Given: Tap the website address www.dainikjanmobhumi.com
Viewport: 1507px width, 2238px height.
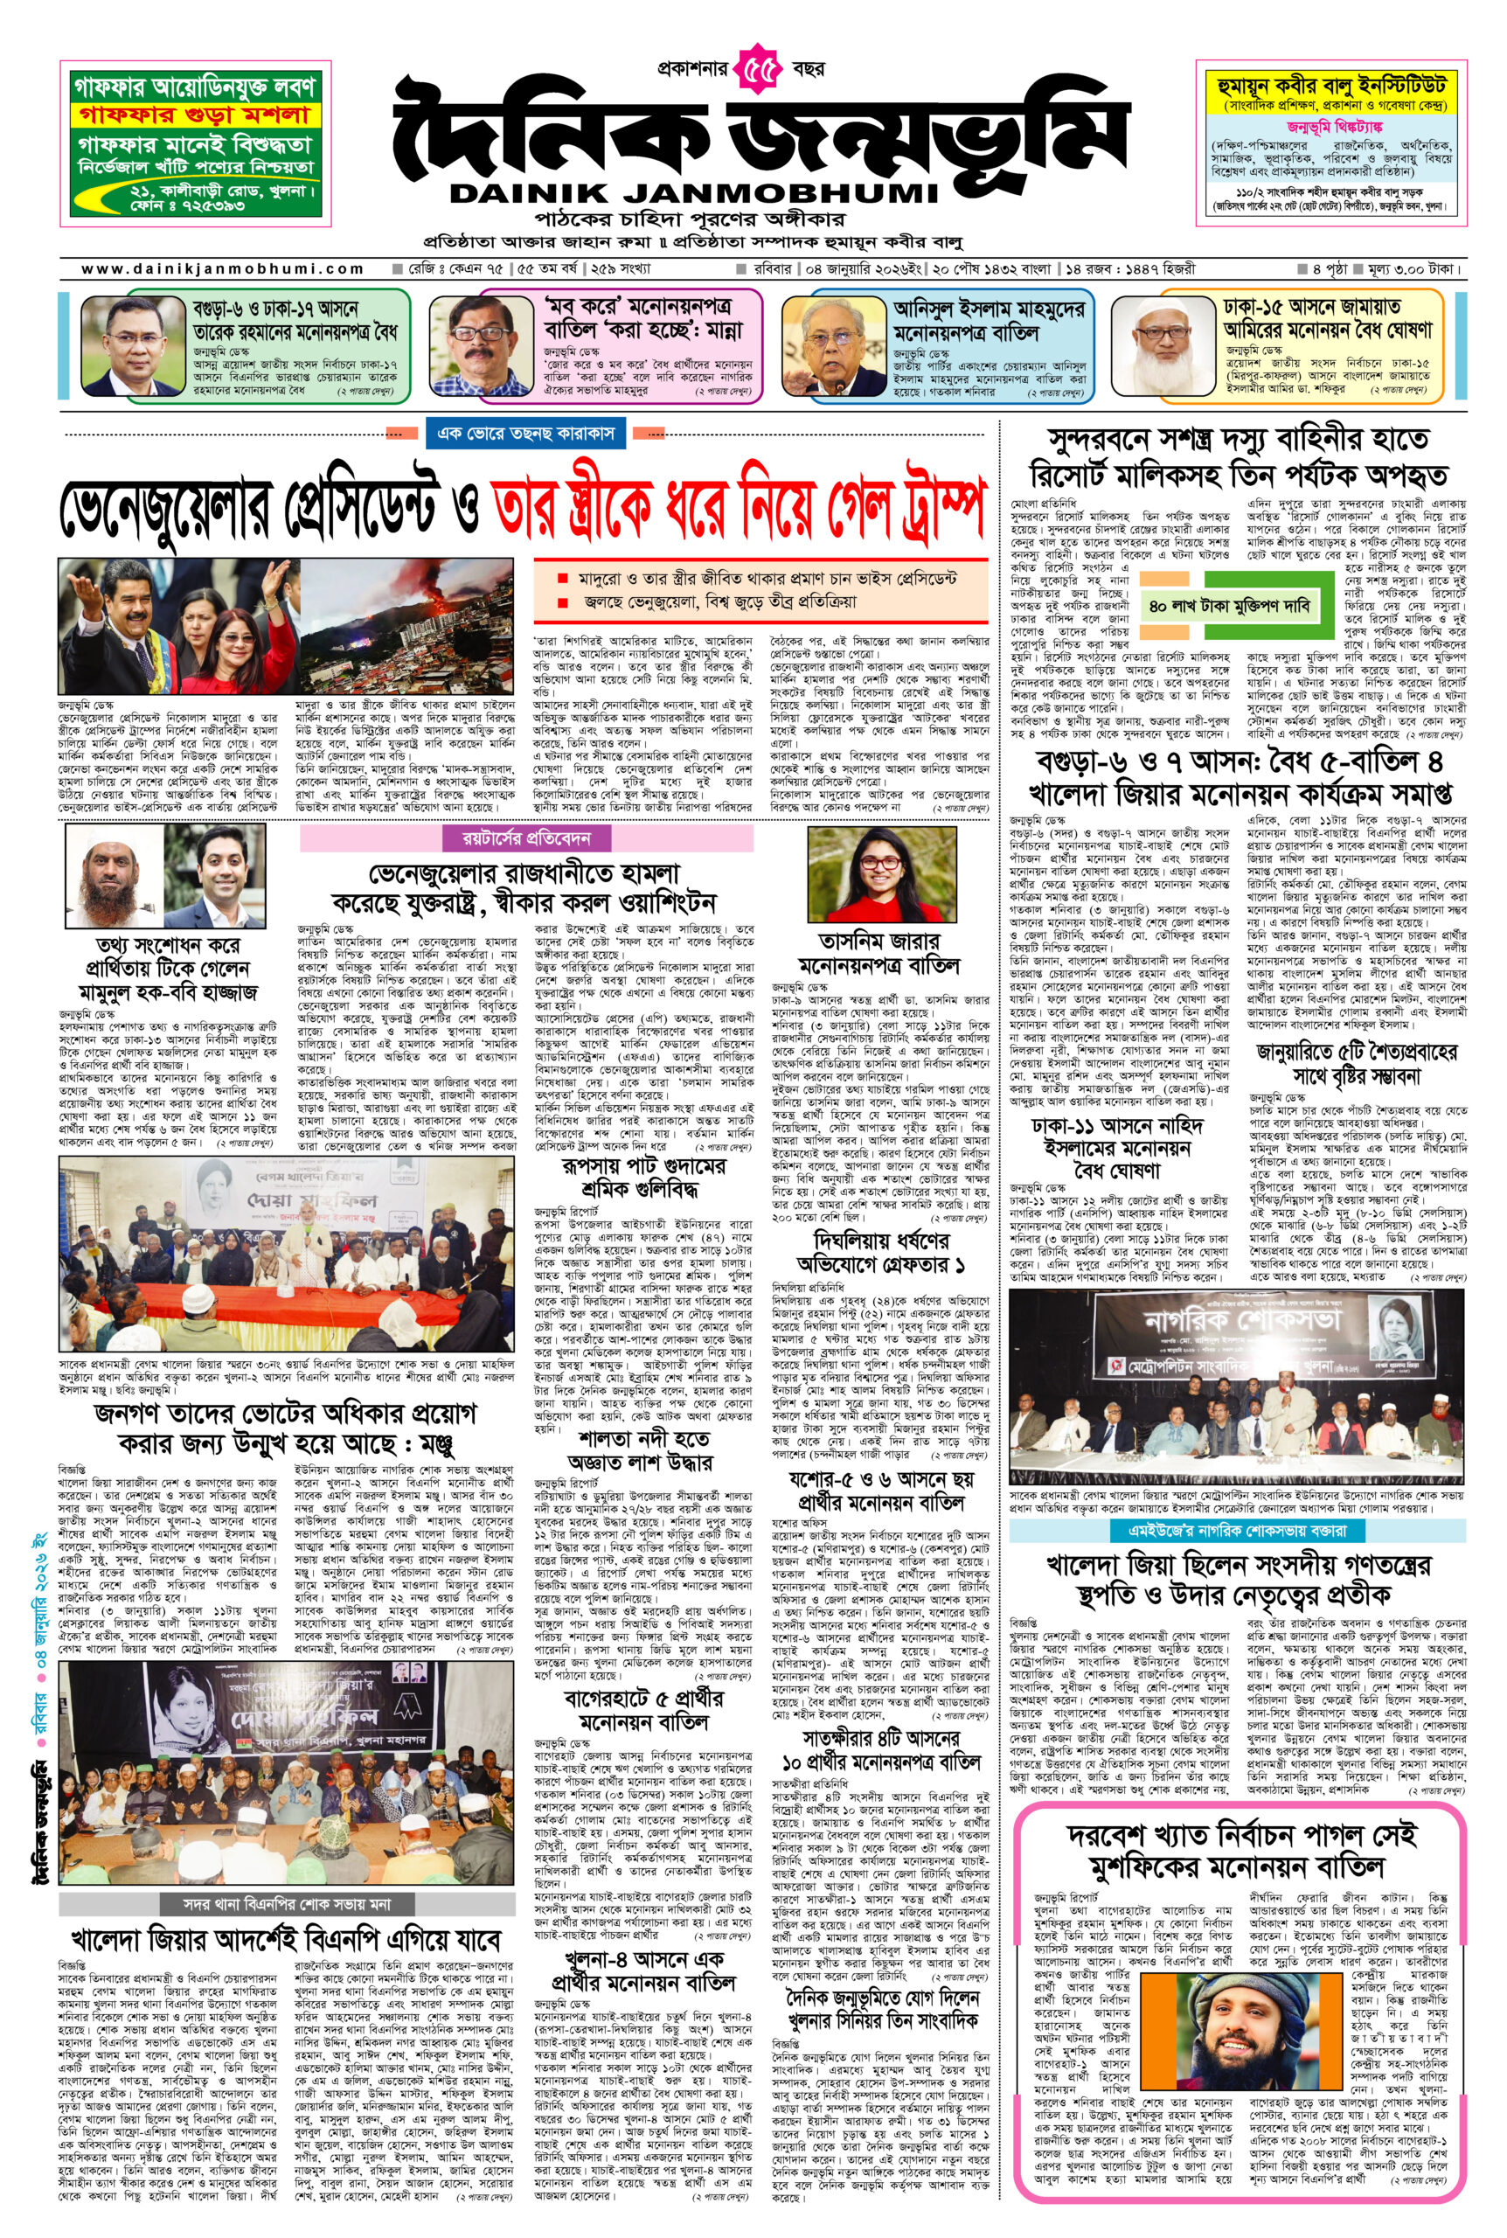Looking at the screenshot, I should (222, 270).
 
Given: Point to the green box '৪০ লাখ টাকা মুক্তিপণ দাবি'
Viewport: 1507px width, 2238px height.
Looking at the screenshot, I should (1228, 607).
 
